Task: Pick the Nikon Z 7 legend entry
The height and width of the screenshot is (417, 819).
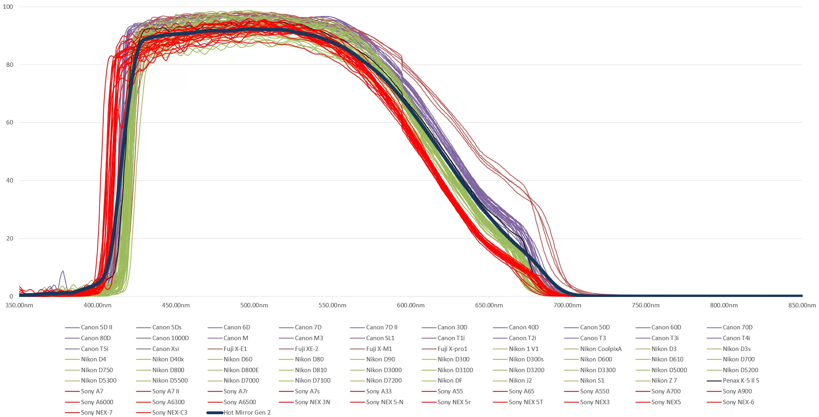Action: tap(664, 381)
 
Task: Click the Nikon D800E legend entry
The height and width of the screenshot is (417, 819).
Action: tap(241, 370)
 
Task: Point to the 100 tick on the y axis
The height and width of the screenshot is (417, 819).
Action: tap(8, 7)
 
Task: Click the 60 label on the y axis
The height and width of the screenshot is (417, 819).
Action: tap(10, 122)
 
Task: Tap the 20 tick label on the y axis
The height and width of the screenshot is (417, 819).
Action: tap(10, 239)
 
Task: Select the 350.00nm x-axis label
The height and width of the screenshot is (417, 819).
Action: tap(19, 305)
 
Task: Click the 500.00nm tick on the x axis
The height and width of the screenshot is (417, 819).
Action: tap(254, 305)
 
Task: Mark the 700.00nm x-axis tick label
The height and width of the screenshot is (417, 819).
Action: tap(567, 305)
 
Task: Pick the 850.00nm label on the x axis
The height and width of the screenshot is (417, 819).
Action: tap(802, 305)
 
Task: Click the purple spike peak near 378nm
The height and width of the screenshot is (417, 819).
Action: tap(63, 271)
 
